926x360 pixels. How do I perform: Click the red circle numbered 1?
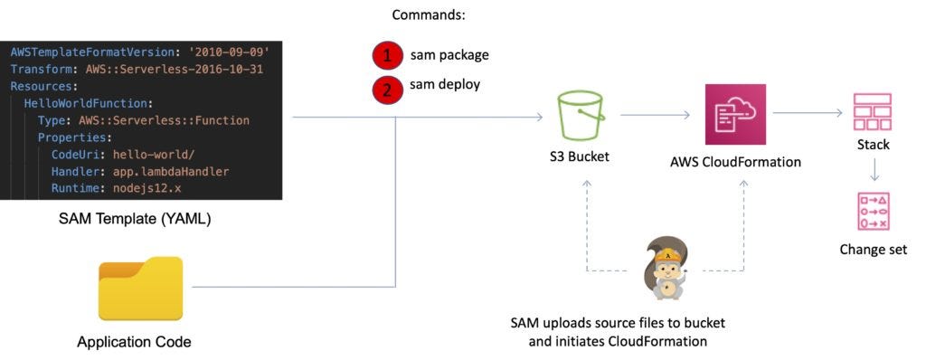[387, 56]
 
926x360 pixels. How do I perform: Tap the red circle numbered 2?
[387, 89]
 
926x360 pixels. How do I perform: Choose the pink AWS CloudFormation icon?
[735, 115]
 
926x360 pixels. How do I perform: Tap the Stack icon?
[873, 111]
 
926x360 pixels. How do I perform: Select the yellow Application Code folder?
[141, 289]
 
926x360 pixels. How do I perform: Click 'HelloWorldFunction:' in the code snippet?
[88, 103]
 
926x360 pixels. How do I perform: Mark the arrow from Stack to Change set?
[873, 170]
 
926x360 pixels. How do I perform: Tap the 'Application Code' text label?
[134, 342]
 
